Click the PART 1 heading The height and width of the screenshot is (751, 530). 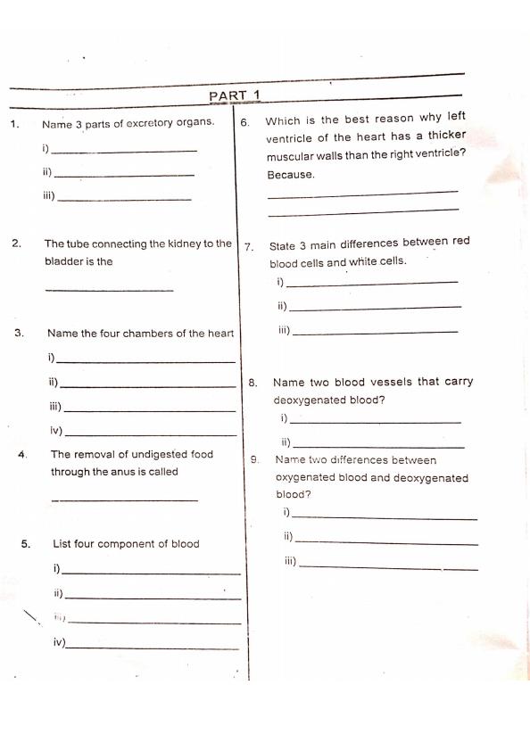tap(234, 95)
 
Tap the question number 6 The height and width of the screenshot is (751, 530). tap(244, 122)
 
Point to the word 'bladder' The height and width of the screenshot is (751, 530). tap(63, 262)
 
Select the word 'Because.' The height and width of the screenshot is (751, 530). tap(290, 175)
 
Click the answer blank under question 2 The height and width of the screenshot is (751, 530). tap(109, 290)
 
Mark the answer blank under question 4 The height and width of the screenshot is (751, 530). tap(124, 499)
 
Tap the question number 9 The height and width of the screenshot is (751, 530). tap(255, 460)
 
